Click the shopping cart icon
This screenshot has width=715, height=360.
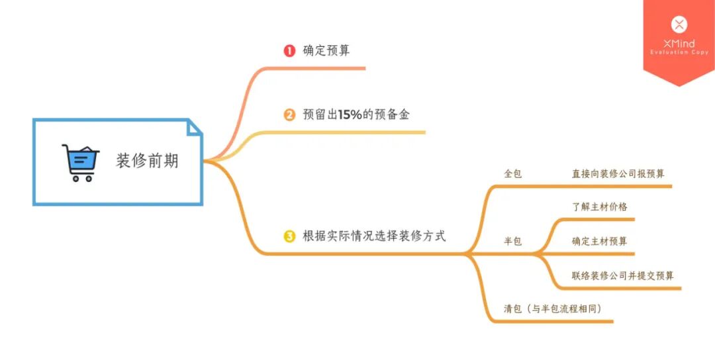(x=80, y=163)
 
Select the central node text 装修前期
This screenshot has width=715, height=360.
(x=147, y=161)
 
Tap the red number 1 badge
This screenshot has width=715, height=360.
(x=289, y=51)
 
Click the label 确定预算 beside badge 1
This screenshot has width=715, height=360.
(x=326, y=51)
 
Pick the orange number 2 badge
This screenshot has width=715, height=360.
(x=289, y=115)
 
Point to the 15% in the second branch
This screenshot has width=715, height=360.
(x=350, y=114)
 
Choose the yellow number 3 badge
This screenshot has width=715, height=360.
(x=289, y=236)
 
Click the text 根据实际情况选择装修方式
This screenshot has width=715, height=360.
(x=374, y=236)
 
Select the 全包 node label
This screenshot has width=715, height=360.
(x=513, y=174)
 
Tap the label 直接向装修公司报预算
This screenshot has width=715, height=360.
(x=618, y=174)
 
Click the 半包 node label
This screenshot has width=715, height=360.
(x=513, y=242)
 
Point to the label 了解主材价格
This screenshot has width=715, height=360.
(x=600, y=206)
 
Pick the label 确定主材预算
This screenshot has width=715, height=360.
(x=600, y=242)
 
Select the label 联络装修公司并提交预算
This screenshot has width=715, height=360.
(x=623, y=276)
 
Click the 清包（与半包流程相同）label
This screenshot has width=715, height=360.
(x=553, y=308)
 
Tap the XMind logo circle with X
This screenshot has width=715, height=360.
(x=679, y=25)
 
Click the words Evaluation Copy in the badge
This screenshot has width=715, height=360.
(x=679, y=52)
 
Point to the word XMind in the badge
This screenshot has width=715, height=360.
(x=679, y=44)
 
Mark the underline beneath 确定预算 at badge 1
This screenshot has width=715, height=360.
(x=324, y=68)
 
